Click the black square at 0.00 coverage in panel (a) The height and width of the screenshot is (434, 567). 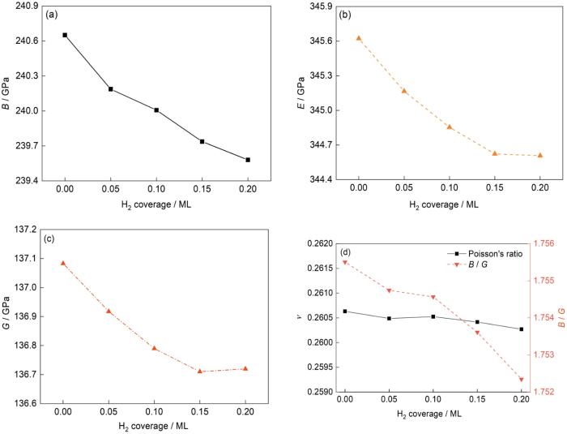65,35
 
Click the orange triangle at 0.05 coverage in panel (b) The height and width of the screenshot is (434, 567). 403,91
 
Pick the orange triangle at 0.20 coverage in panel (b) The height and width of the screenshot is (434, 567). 540,155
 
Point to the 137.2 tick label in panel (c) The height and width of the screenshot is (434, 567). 32,230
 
